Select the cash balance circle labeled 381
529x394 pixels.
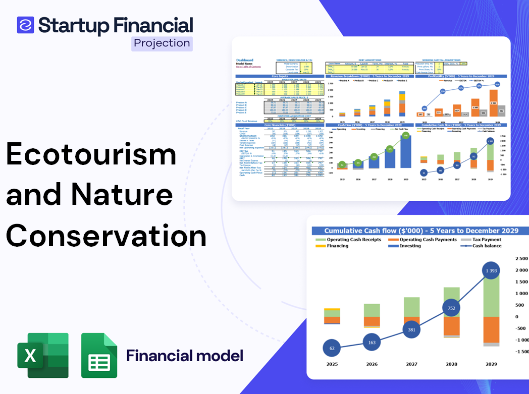click(411, 329)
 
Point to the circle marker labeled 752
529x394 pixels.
click(451, 308)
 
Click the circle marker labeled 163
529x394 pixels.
click(371, 343)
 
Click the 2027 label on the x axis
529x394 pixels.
click(411, 364)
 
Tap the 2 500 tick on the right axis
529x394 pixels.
click(520, 259)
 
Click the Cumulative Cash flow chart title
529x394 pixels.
click(421, 231)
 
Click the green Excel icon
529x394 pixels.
click(43, 355)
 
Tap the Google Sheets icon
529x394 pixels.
click(99, 355)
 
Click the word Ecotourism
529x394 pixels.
click(91, 154)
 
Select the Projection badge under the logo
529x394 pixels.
click(162, 43)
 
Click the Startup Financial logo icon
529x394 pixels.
click(25, 25)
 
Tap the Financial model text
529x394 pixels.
click(184, 355)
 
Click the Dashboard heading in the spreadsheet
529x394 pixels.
click(245, 60)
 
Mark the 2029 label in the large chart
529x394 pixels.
click(491, 364)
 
